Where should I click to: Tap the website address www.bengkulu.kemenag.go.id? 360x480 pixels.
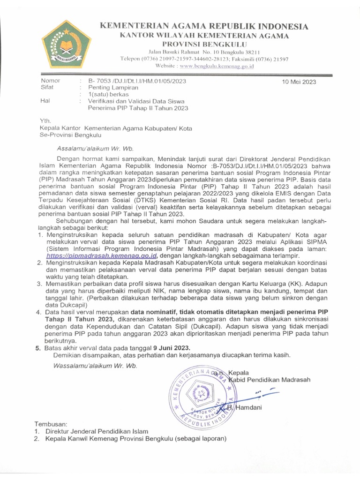tap(217, 67)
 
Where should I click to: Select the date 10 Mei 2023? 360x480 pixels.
tap(299, 82)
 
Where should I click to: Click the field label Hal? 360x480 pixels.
tap(45, 101)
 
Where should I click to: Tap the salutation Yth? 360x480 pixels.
tap(45, 121)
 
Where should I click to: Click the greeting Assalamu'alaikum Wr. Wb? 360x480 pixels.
tap(95, 149)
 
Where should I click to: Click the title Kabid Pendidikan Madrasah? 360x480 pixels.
tap(268, 380)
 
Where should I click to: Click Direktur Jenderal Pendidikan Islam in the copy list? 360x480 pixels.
tap(97, 431)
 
